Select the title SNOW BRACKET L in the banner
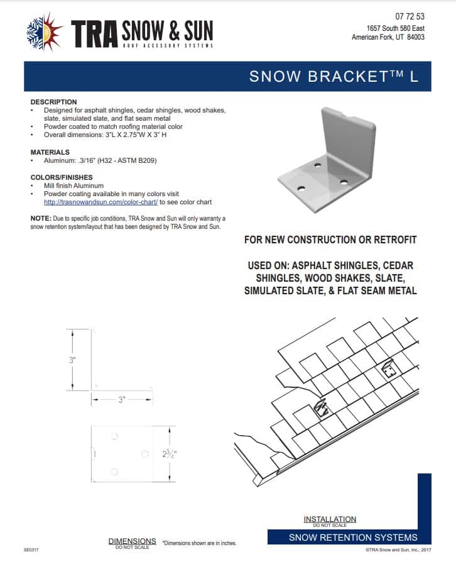pyautogui.click(x=333, y=77)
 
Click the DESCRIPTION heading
pyautogui.click(x=54, y=102)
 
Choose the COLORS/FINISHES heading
pyautogui.click(x=62, y=177)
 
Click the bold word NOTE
pyautogui.click(x=41, y=218)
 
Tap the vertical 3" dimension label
pyautogui.click(x=73, y=360)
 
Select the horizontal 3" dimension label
pyautogui.click(x=122, y=399)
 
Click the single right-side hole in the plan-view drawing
pyautogui.click(x=144, y=453)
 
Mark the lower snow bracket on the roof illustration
pyautogui.click(x=322, y=409)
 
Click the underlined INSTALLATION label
pyautogui.click(x=329, y=519)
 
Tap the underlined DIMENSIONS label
pyautogui.click(x=132, y=541)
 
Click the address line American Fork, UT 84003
pyautogui.click(x=388, y=37)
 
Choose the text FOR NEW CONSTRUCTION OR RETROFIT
pyautogui.click(x=330, y=240)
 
